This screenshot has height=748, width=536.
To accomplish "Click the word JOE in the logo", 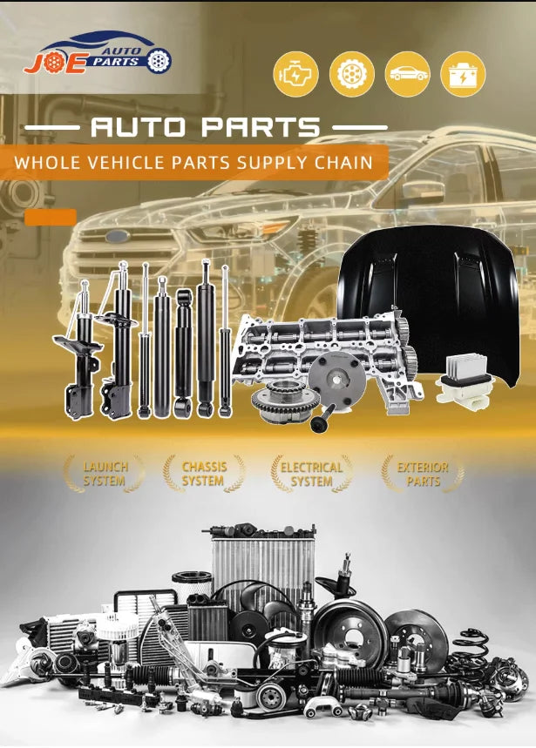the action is pos(56,64).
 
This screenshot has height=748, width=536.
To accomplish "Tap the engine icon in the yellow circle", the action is pos(295,74).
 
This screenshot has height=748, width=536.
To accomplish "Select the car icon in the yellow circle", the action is pos(407,74).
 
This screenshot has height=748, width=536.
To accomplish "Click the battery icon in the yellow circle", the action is pos(463,74).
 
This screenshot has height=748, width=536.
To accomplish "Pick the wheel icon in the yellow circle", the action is pos(352,74).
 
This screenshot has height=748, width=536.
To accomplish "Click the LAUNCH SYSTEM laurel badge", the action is pos(105,474).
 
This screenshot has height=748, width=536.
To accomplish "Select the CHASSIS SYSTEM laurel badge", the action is pos(204,474).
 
